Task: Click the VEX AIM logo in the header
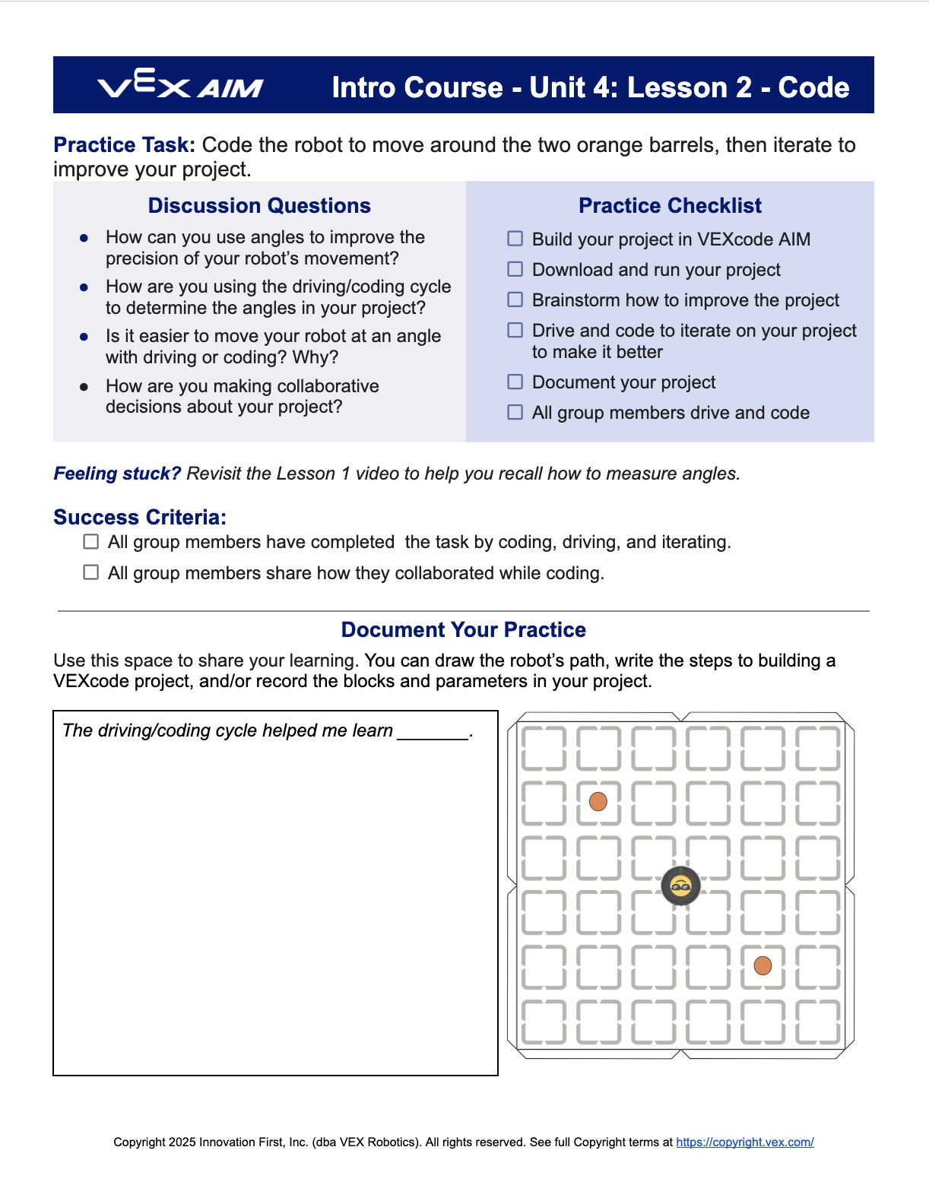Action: (180, 84)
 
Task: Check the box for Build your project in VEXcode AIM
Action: (515, 239)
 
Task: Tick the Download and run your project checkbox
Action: (515, 269)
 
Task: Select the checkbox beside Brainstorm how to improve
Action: (515, 299)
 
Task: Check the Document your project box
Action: (515, 382)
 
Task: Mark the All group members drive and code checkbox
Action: (515, 412)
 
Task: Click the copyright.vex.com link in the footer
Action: (744, 1142)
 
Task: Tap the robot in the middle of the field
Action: (680, 886)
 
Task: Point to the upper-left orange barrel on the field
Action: (598, 801)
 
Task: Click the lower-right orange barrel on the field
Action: (763, 965)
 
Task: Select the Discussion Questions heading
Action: (259, 206)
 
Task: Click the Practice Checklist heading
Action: (670, 206)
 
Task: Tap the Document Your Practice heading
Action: (464, 630)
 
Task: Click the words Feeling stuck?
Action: (117, 474)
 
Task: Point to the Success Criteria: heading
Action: (140, 518)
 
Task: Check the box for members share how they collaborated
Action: (91, 572)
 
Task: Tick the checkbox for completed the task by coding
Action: (91, 542)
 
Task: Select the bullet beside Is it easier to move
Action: (84, 336)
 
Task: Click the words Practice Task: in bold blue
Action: (124, 145)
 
